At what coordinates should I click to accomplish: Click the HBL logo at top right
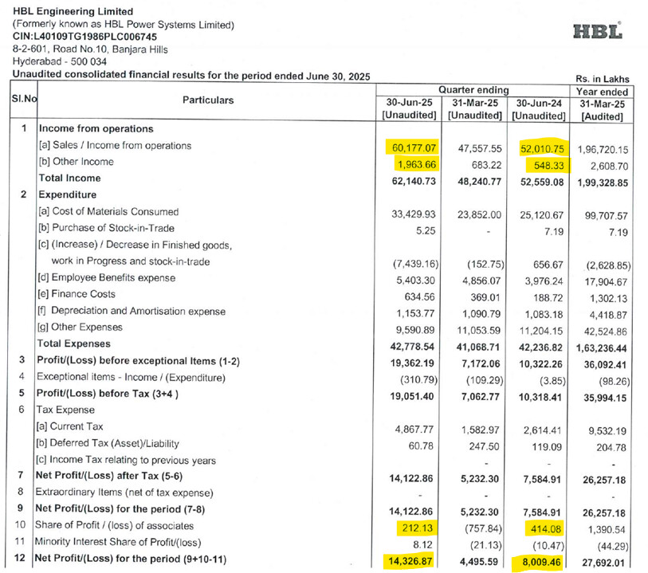pos(597,31)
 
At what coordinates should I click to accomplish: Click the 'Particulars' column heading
pos(208,100)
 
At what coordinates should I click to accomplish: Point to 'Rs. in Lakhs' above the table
pos(602,79)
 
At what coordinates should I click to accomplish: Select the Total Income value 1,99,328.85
pos(603,179)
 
